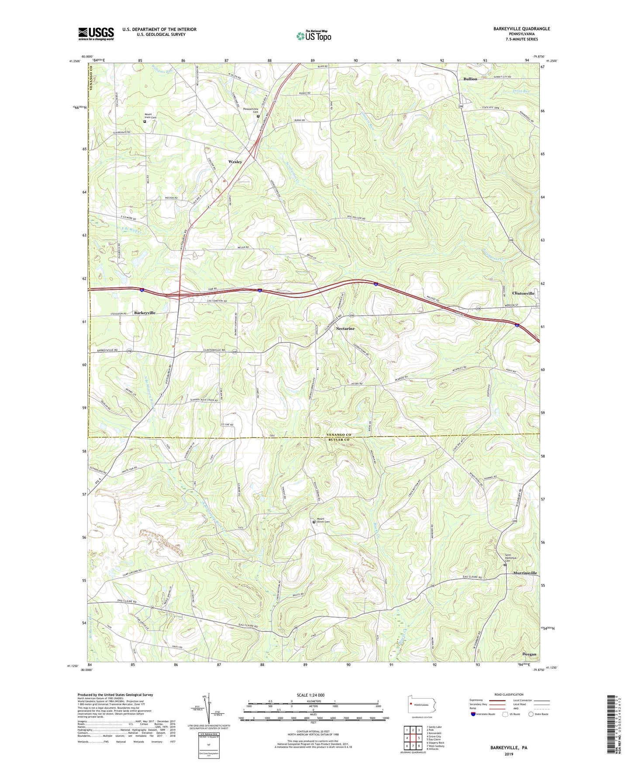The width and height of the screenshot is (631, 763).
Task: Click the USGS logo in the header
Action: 96,34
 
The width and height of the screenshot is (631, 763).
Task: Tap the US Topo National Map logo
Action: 313,36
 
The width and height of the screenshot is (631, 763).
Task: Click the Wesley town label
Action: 235,162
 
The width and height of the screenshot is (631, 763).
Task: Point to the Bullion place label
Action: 470,79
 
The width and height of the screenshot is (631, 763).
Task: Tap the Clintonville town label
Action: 523,294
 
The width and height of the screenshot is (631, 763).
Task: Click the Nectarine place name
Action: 345,328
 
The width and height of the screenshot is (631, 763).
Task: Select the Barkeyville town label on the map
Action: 145,313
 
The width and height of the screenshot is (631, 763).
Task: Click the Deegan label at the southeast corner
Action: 529,654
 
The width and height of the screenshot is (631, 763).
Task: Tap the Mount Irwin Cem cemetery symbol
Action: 145,122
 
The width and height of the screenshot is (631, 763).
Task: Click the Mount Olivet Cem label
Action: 324,520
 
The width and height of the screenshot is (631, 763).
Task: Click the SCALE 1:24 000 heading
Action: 310,695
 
